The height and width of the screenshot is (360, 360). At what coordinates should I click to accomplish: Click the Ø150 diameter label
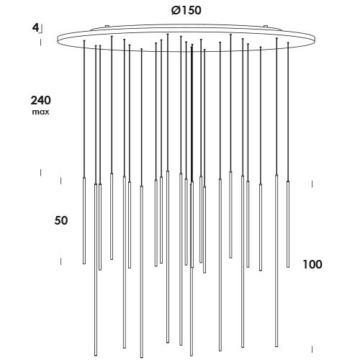(x=186, y=11)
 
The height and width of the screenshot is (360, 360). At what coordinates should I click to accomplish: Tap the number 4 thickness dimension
(x=35, y=27)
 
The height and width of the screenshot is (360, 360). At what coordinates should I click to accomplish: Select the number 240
(x=40, y=100)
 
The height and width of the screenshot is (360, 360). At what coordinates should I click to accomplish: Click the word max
(x=40, y=112)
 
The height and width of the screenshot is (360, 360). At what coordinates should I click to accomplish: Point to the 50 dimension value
(x=61, y=220)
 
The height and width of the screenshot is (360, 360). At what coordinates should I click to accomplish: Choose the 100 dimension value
(x=312, y=264)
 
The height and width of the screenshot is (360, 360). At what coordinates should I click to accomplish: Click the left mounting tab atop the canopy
(x=107, y=26)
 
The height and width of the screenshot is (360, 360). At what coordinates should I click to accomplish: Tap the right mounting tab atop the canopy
(x=266, y=26)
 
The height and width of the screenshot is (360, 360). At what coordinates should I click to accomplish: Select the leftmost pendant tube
(x=84, y=220)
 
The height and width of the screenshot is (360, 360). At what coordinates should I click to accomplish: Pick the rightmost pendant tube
(x=288, y=224)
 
